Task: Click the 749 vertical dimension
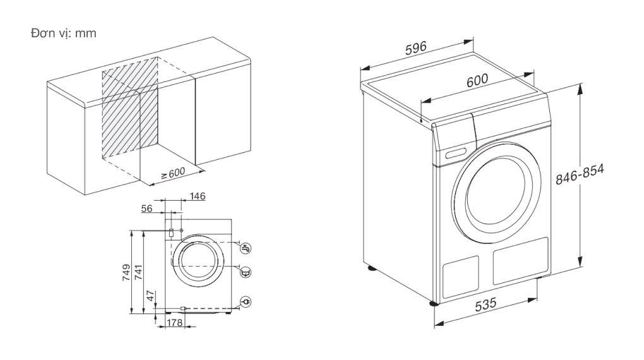click(x=126, y=273)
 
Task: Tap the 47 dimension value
click(x=150, y=294)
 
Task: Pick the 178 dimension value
click(x=175, y=323)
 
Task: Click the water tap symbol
click(x=247, y=248)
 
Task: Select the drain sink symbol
click(x=247, y=272)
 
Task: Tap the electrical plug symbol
click(x=247, y=303)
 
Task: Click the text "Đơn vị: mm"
click(x=64, y=33)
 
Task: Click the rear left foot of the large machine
click(x=371, y=268)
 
